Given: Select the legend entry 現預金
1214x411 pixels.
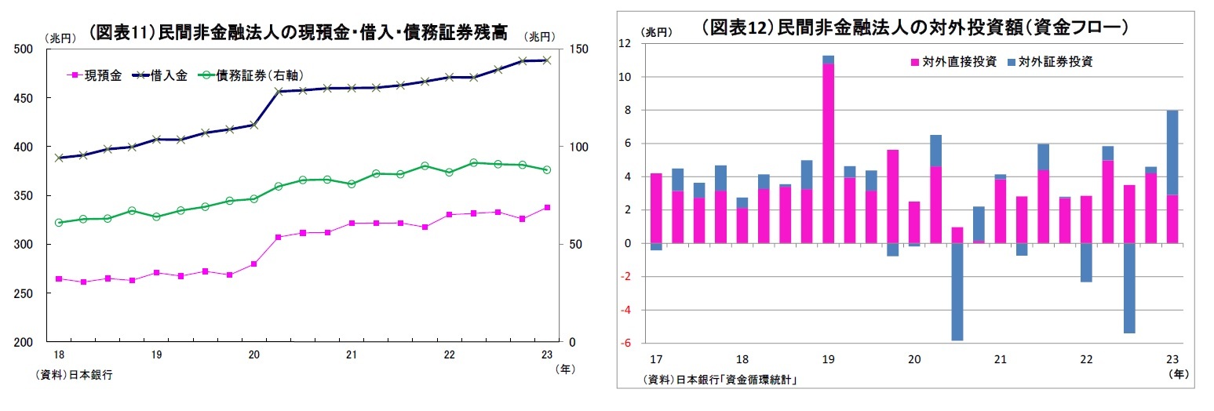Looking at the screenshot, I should coord(95,75).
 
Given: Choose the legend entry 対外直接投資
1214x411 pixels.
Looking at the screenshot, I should coord(953,61).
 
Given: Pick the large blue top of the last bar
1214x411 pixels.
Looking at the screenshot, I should coord(1172,153).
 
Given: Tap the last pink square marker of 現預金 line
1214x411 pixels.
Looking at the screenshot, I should coord(547,208).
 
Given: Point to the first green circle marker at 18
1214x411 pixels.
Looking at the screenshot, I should coord(59,223).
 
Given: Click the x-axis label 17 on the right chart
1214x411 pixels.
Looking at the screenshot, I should coord(657,359).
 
